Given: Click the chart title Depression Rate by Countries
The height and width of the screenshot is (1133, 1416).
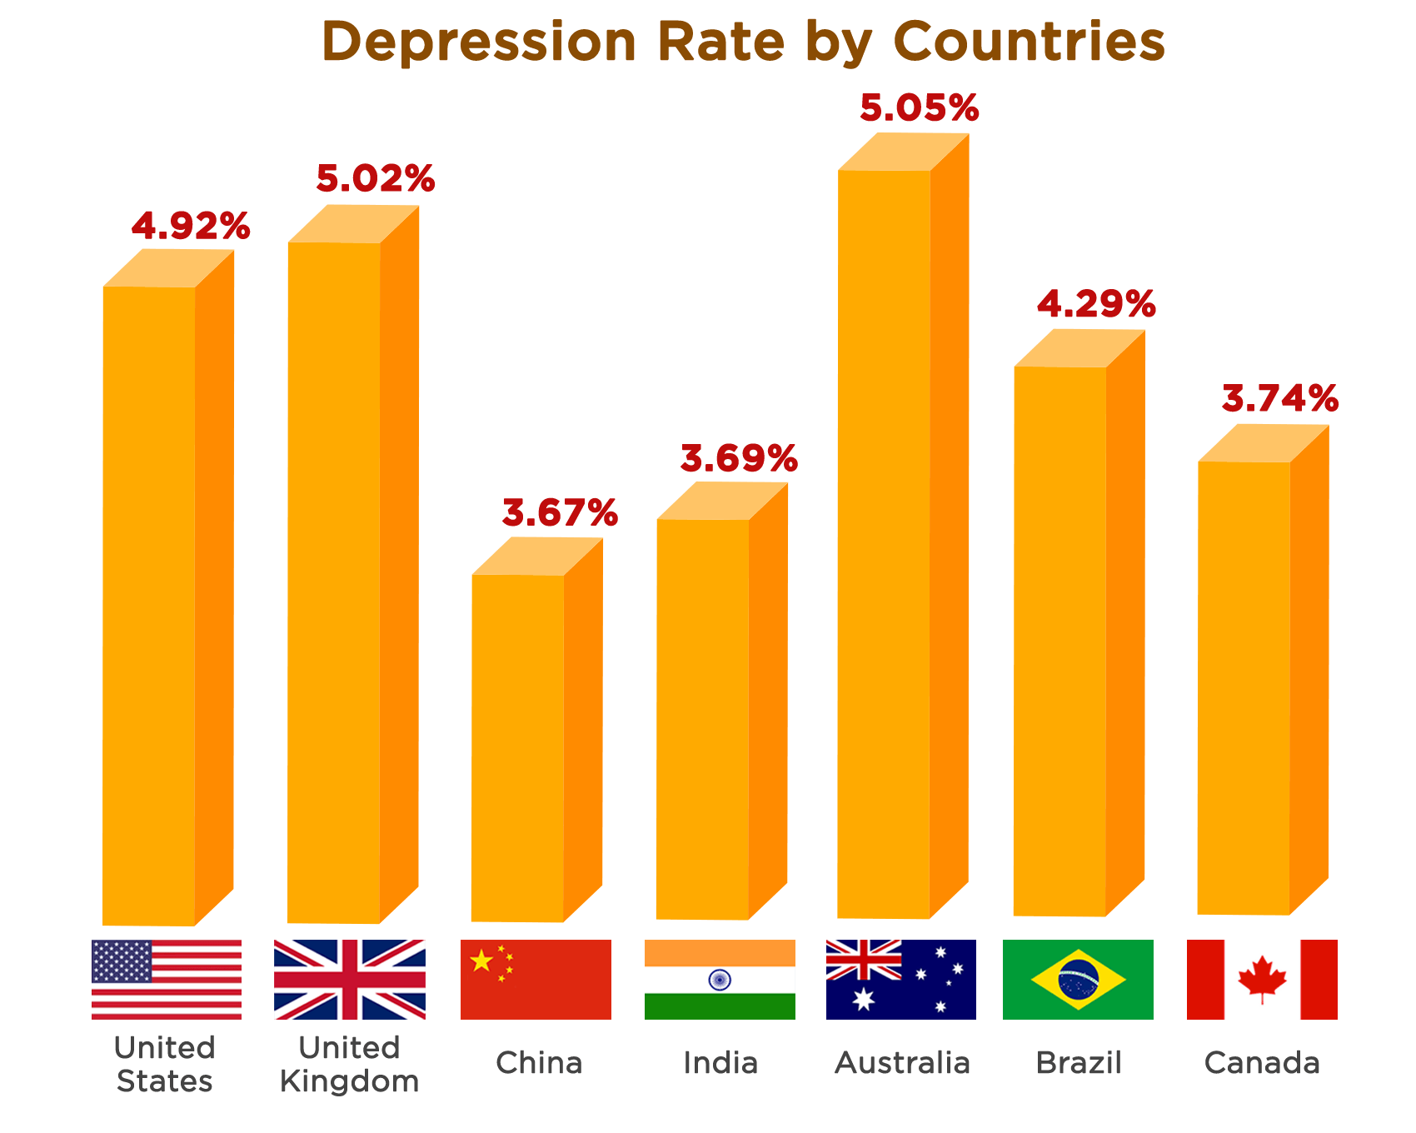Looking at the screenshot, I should click(x=743, y=42).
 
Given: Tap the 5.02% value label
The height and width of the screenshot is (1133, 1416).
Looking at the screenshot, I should click(x=375, y=178).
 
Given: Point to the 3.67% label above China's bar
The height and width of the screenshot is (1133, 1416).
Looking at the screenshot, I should click(x=560, y=512).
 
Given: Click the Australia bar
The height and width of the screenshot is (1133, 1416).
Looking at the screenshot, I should click(x=885, y=542).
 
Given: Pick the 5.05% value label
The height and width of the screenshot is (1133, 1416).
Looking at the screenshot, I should click(x=920, y=107).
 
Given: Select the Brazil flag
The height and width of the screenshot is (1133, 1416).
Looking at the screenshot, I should click(x=1078, y=980).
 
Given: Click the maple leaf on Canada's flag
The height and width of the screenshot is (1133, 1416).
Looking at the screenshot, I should click(x=1262, y=979).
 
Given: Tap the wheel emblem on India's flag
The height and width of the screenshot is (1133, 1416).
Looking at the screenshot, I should click(x=720, y=980).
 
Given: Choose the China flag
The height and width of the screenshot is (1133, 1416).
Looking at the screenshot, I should click(x=536, y=980).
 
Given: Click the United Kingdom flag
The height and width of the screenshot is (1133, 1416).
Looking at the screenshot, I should click(x=350, y=980).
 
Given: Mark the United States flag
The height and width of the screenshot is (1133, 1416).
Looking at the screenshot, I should click(x=167, y=980).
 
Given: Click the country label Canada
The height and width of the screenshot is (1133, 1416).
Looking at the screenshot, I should click(x=1262, y=1063).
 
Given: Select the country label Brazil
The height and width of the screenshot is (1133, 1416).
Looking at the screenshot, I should click(x=1079, y=1063).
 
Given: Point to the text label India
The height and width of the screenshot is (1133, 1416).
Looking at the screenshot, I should click(x=720, y=1063).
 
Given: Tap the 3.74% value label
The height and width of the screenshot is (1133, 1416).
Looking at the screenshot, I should click(x=1280, y=398).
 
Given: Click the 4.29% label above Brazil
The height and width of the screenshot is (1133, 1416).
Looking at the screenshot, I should click(x=1096, y=304).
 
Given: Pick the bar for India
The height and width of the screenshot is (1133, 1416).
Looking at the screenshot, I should click(x=702, y=716).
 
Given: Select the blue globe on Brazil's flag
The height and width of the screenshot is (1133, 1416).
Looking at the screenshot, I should click(x=1078, y=980).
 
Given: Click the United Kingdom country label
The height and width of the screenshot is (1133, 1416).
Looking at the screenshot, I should click(x=350, y=1064).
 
